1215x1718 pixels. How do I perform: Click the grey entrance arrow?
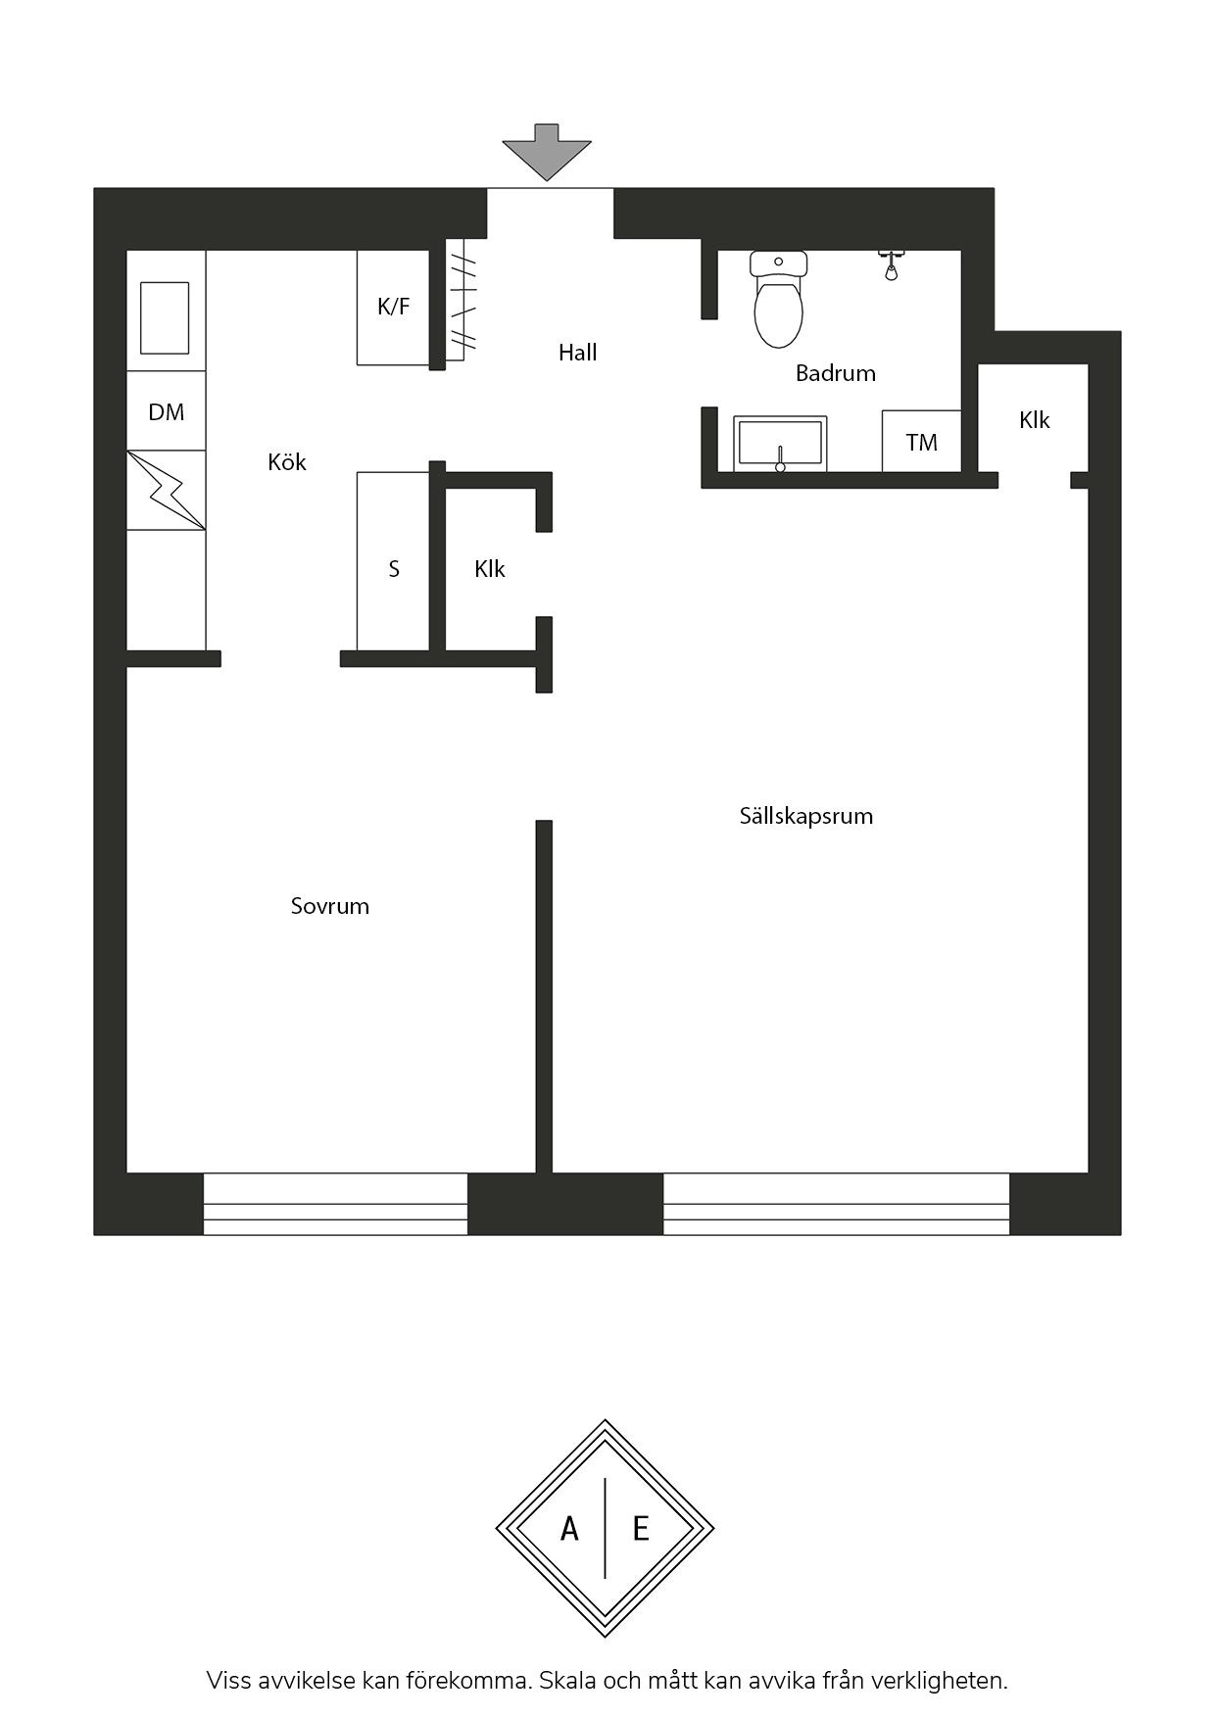pos(547,153)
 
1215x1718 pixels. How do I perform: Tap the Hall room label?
pos(577,353)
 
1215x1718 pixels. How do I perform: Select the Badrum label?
pos(835,373)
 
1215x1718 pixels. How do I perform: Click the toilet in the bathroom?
pos(779,298)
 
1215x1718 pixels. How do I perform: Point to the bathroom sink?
pos(780,444)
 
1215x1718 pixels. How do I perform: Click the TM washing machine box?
pos(921,441)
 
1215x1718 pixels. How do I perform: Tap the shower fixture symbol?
pos(891,265)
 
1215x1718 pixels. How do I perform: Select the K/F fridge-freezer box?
pos(393,308)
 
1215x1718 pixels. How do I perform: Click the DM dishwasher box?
pos(167,410)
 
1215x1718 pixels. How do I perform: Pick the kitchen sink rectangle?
pos(165,317)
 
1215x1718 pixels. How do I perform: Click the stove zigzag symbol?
pos(167,490)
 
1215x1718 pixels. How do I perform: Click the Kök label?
pos(287,461)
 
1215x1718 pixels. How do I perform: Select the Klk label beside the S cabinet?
pos(489,569)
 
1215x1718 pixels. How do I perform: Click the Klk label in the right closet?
pos(1034,420)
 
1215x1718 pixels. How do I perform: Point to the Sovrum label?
pos(330,906)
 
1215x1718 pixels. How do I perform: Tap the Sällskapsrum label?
pos(806,816)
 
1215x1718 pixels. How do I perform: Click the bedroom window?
pos(335,1204)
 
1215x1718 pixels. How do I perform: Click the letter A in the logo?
pos(569,1528)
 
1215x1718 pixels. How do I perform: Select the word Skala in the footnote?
pos(567,1681)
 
